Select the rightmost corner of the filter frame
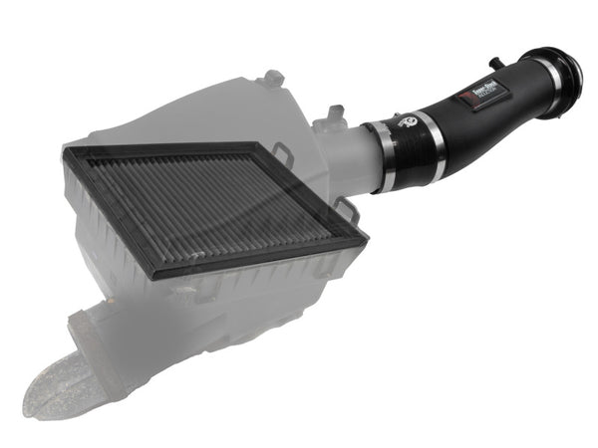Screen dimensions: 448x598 366,237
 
